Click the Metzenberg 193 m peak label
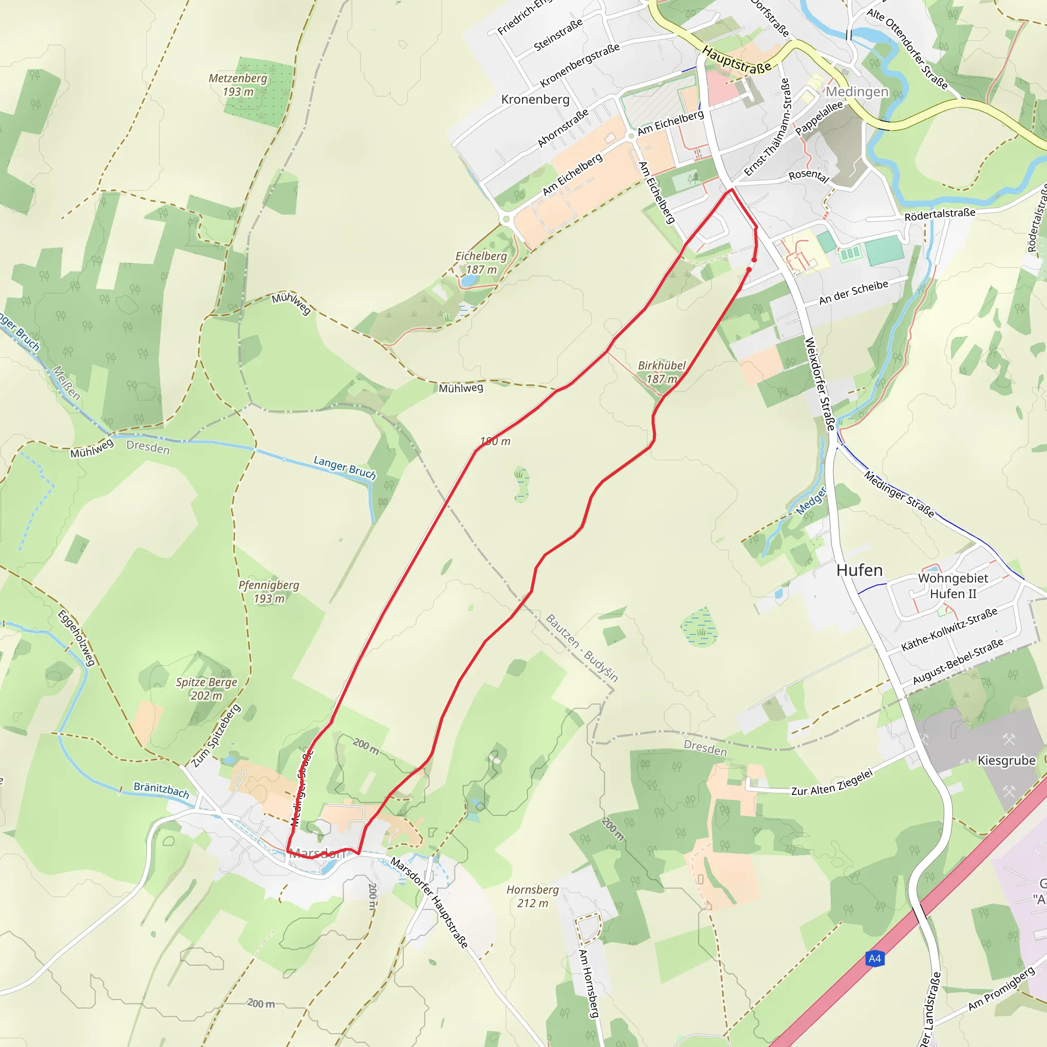[238, 85]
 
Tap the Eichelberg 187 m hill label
[481, 263]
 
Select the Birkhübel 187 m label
[662, 372]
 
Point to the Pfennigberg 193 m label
[269, 592]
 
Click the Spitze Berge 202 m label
[207, 689]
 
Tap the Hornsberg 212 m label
[533, 896]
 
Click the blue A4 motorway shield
[875, 959]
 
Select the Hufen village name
[859, 571]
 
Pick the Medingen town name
[857, 92]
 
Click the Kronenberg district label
[535, 100]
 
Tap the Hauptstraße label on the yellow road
[737, 60]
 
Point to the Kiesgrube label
[1006, 761]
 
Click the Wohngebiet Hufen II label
[953, 586]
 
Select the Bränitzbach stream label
[162, 791]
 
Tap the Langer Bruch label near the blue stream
[345, 467]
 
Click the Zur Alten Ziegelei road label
[832, 783]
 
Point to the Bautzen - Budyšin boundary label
[581, 648]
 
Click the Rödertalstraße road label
[940, 214]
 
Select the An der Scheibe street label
[854, 292]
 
